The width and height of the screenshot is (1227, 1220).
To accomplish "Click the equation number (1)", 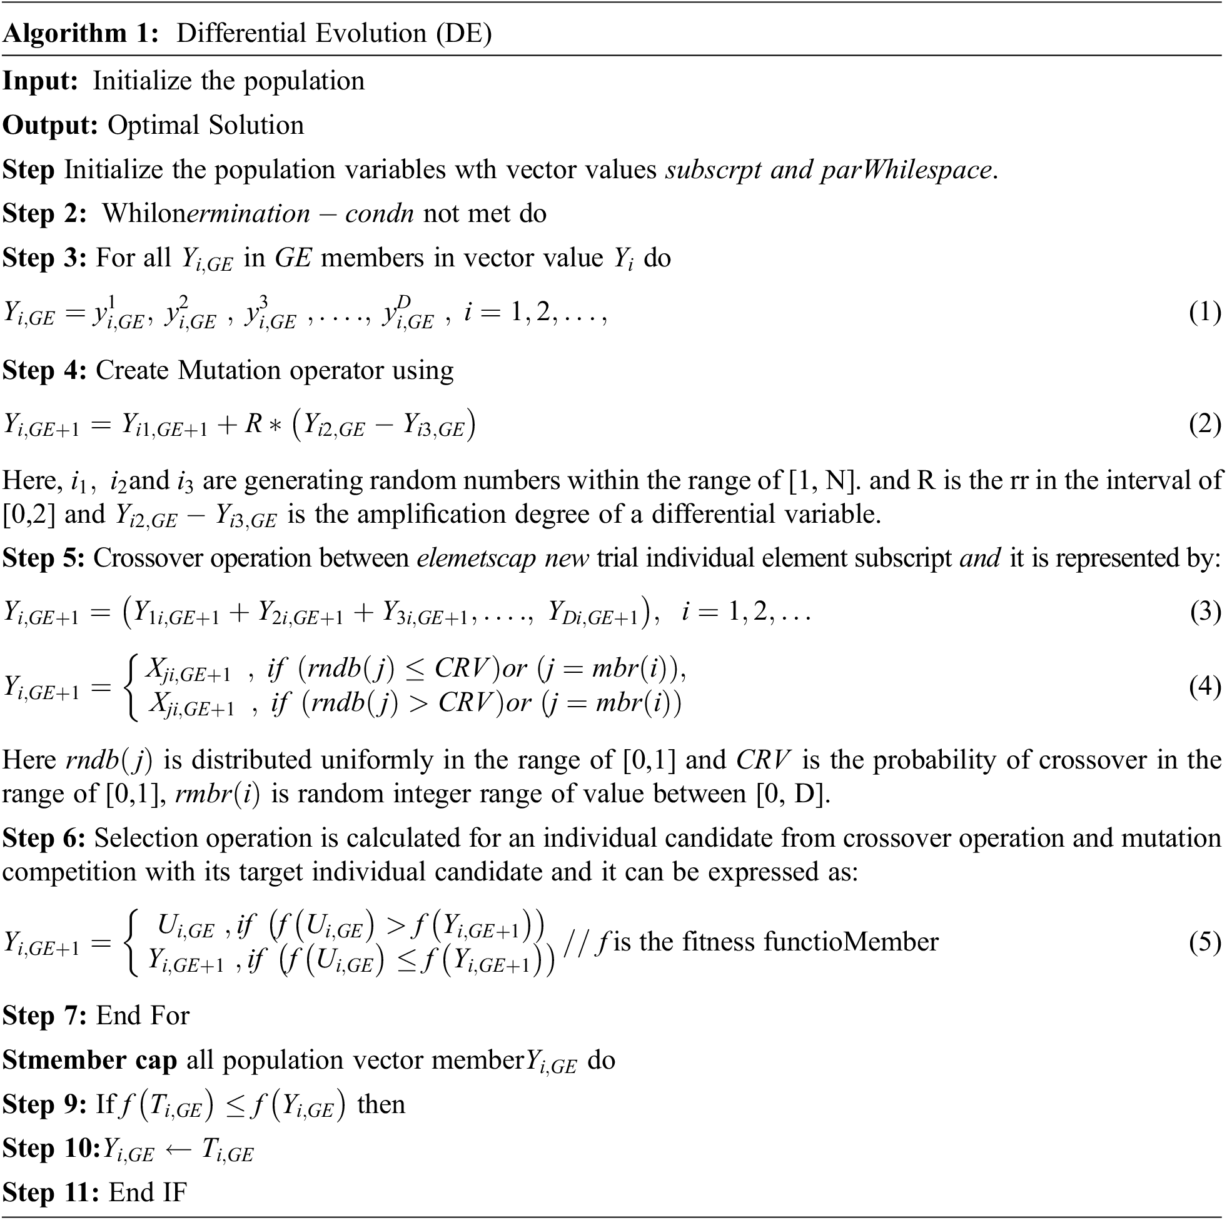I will (1204, 313).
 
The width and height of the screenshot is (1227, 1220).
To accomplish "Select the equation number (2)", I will (1204, 424).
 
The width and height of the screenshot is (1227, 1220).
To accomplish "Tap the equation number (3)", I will (1204, 612).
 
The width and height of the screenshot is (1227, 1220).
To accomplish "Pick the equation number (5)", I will (1204, 942).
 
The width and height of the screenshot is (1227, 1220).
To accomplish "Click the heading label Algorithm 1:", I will (81, 34).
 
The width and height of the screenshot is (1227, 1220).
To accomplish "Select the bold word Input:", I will (40, 81).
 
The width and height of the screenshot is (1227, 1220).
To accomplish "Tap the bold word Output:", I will (49, 125).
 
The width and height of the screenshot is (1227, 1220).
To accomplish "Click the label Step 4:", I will (44, 370).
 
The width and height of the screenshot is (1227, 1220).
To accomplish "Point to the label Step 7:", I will (44, 1016).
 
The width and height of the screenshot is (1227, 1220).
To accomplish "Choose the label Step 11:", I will (50, 1192).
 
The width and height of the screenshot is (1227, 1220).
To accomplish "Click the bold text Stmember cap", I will (89, 1060).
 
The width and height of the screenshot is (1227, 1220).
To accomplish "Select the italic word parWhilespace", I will (906, 169).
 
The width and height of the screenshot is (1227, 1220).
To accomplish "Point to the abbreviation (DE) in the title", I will (463, 34).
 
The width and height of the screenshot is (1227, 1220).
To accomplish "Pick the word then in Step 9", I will (381, 1104).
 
